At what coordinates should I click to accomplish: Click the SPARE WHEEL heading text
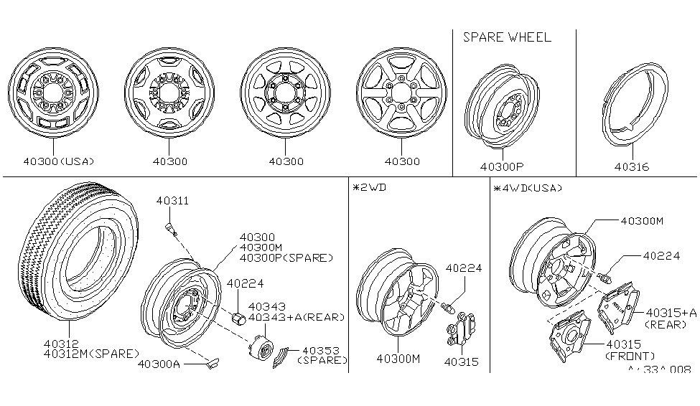point(507,37)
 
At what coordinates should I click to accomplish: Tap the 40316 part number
point(632,166)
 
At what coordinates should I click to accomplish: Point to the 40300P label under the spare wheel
point(501,167)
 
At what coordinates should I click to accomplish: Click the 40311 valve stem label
point(172,202)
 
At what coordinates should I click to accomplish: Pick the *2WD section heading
point(368,188)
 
